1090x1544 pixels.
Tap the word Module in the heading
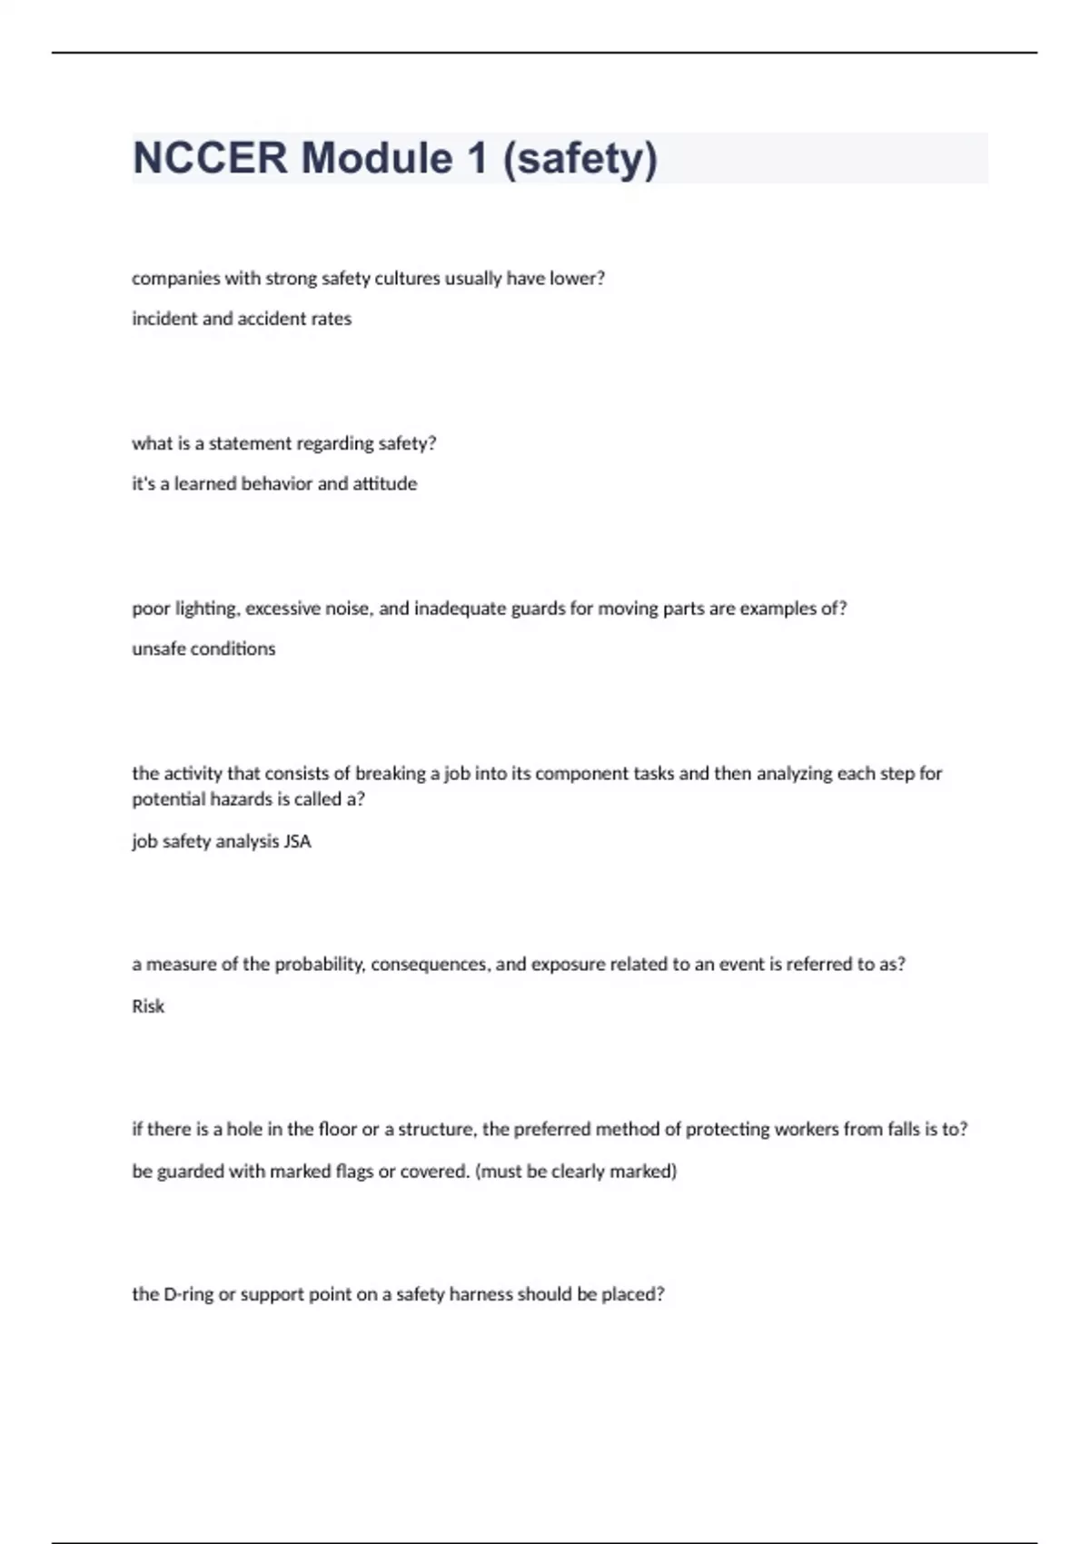377,158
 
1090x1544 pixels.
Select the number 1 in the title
477,158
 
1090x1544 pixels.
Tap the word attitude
385,484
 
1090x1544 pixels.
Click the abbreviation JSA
297,841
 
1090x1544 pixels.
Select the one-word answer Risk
148,1006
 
